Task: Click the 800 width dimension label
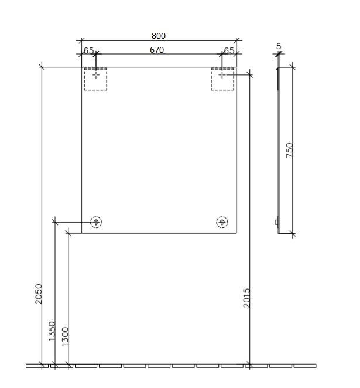coord(158,36)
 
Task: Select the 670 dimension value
coord(156,50)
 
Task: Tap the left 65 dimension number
coord(88,51)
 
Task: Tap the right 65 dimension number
coord(229,51)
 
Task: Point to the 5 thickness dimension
coord(279,46)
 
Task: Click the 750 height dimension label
coord(289,150)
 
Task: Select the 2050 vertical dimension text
coord(39,294)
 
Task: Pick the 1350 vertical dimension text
coord(52,332)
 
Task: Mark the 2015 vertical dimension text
coord(246,298)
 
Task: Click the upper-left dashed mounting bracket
coord(95,79)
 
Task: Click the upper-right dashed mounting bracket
coord(222,79)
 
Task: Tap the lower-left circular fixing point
coord(96,222)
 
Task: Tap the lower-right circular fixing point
coord(222,222)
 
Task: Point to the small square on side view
coord(277,222)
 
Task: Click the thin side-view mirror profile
coord(279,150)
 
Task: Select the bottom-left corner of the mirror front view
coord(81,233)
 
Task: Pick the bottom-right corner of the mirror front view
coord(236,233)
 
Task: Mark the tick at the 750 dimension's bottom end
coord(293,234)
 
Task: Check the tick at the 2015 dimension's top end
coord(250,74)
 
